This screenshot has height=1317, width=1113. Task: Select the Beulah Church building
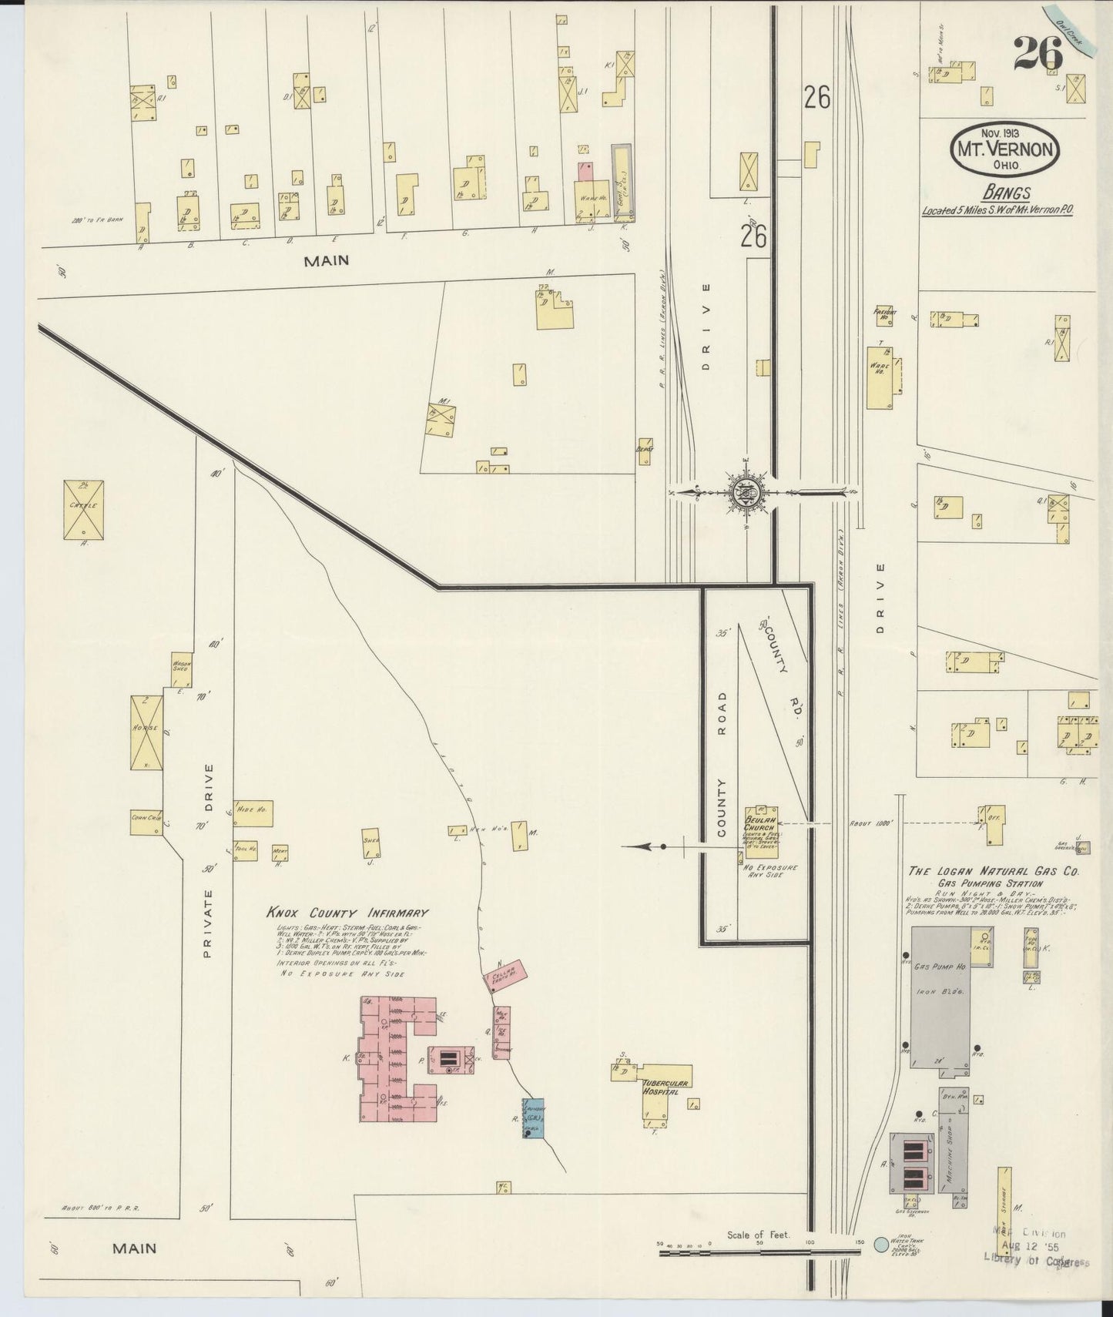[761, 832]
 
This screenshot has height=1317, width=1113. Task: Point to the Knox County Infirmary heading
[347, 913]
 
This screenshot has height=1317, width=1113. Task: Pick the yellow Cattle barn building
[83, 509]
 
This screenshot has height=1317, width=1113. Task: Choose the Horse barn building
[146, 732]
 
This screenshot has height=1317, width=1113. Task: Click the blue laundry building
[532, 1118]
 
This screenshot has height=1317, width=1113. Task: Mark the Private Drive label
[208, 860]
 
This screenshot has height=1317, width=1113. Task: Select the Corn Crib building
[146, 823]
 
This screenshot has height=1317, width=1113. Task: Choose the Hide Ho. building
[253, 813]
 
